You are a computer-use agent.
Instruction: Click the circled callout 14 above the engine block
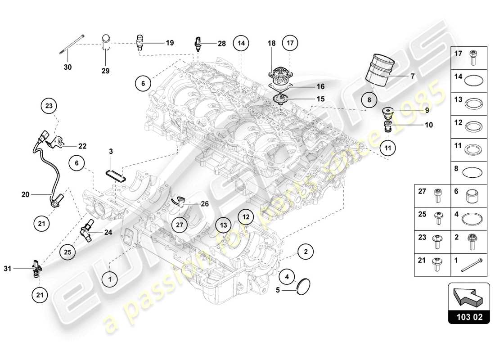[241, 44]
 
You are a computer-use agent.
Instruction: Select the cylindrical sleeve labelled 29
[106, 43]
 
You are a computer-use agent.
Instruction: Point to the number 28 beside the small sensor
[221, 44]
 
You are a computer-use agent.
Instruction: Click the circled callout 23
[49, 106]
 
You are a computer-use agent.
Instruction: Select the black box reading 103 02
[468, 317]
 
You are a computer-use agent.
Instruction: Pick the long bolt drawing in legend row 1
[472, 265]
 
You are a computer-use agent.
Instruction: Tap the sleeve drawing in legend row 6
[472, 196]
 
